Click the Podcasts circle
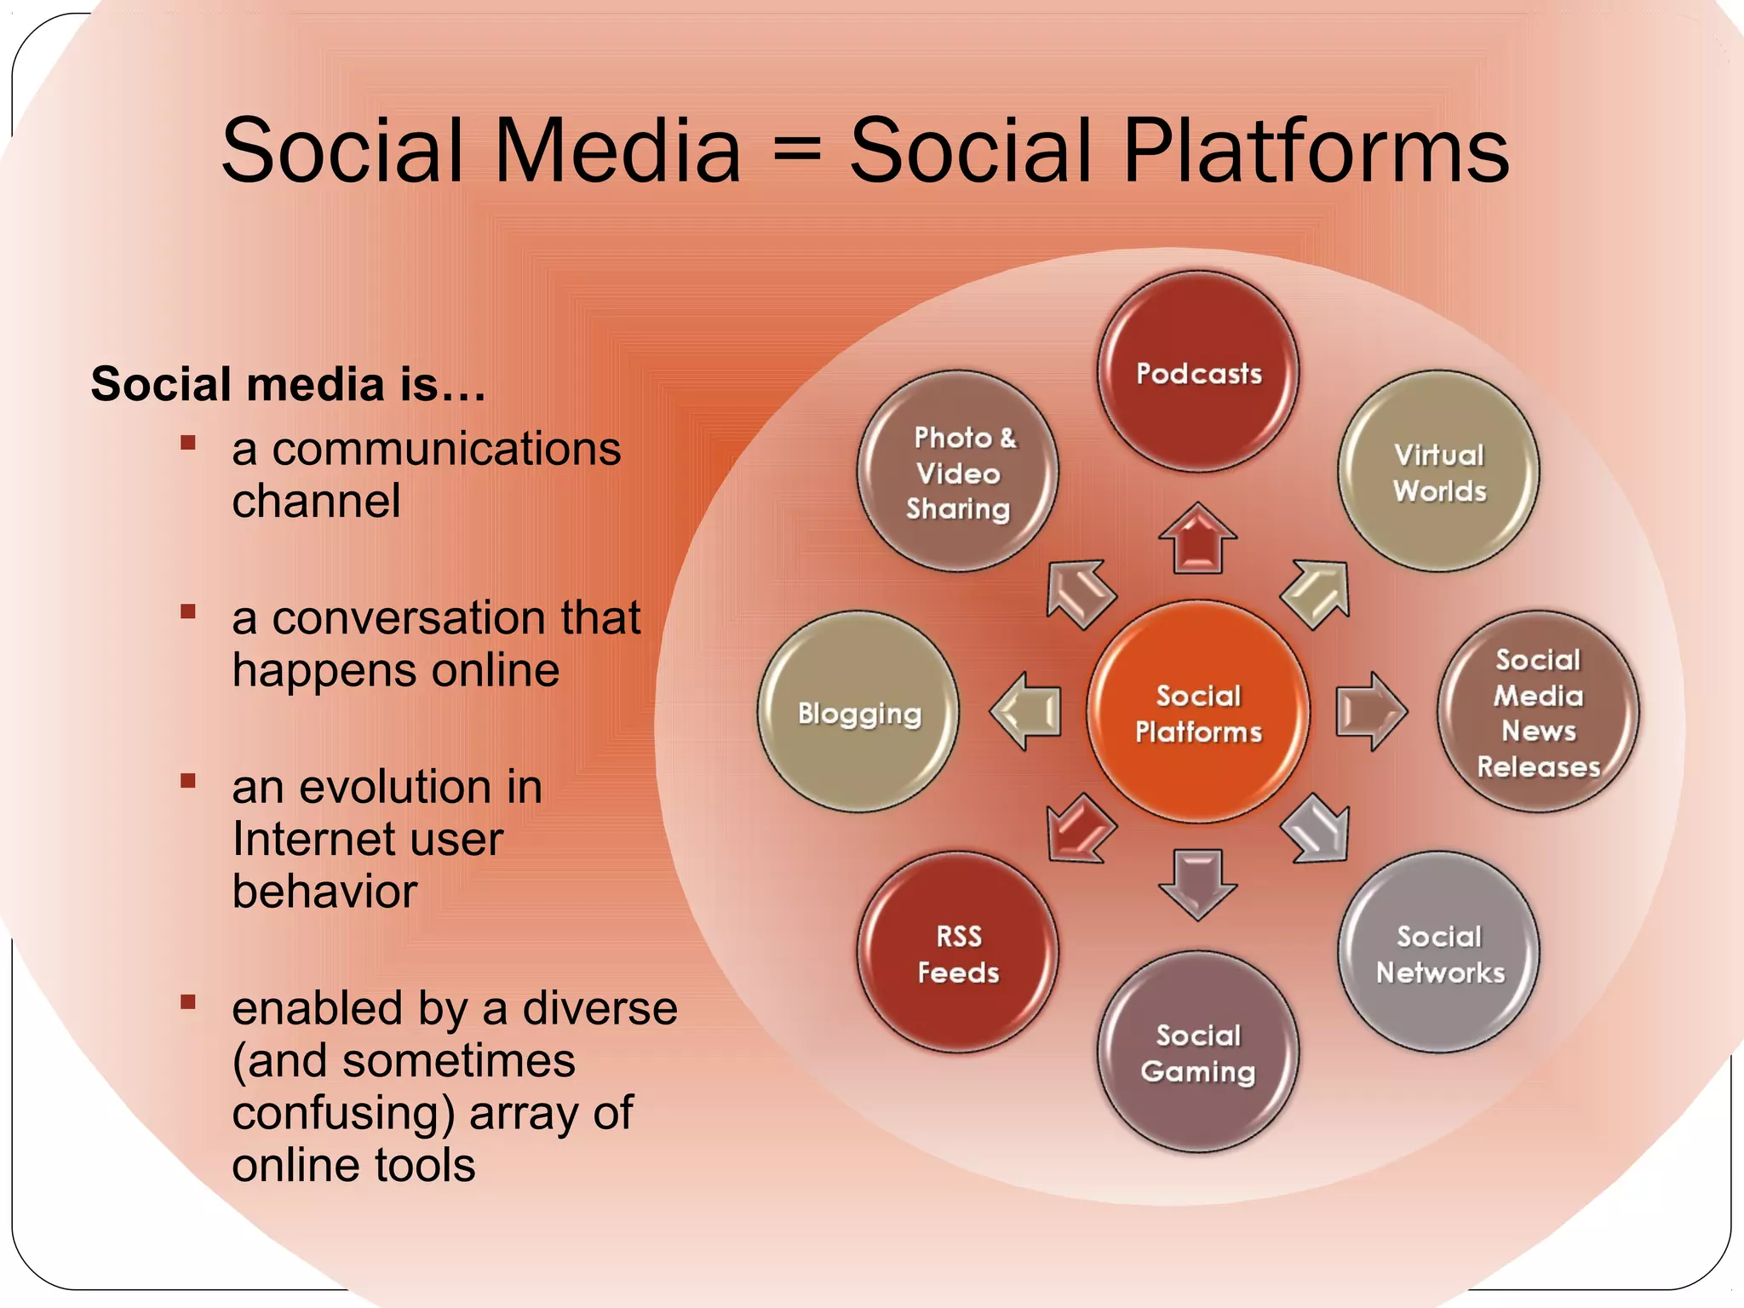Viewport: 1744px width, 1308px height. coord(1198,372)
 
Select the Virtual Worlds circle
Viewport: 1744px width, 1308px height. coord(1439,472)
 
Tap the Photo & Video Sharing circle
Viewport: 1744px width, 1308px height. coord(958,472)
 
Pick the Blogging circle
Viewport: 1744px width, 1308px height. coord(858,712)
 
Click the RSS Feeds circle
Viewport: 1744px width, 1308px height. coord(958,953)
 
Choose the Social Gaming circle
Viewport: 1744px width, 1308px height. coord(1198,1053)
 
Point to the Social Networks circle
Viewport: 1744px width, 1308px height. coord(1439,953)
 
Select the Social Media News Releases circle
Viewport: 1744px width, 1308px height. coord(1538,712)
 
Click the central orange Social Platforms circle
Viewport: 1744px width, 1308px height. coord(1198,712)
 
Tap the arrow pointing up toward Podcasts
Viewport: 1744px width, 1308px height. coord(1198,539)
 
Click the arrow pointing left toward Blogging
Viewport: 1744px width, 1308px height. coord(1027,711)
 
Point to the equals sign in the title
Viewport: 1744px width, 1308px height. coord(795,151)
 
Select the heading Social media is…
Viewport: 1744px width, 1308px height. coord(288,384)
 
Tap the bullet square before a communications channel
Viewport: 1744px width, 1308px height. coord(188,443)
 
